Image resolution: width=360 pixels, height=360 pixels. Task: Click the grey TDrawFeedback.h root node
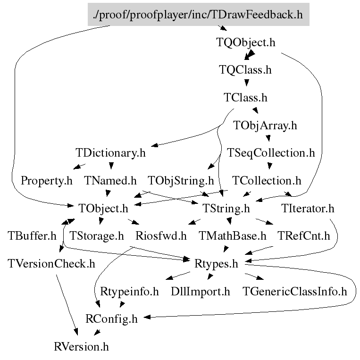[198, 14]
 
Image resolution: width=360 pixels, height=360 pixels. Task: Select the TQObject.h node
[245, 42]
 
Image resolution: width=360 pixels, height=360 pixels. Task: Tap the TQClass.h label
[245, 70]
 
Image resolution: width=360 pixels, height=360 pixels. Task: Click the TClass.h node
[245, 98]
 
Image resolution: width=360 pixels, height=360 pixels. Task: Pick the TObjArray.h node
[266, 126]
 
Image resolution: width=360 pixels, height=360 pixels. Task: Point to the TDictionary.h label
[110, 153]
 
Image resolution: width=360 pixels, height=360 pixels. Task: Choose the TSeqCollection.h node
[271, 153]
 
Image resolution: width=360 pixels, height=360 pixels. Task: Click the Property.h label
[47, 180]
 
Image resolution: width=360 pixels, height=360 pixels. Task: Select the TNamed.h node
[110, 180]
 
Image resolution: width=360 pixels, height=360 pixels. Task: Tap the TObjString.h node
[181, 180]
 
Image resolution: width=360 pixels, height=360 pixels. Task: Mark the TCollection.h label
[267, 180]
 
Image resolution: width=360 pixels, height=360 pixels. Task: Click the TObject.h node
[103, 208]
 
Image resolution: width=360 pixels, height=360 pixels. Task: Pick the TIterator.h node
[308, 208]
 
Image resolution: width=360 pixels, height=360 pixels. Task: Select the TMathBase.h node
[233, 235]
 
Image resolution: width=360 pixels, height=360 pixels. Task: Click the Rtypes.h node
[216, 263]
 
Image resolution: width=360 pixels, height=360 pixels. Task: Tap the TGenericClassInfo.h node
[294, 291]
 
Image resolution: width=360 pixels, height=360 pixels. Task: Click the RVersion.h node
[82, 347]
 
